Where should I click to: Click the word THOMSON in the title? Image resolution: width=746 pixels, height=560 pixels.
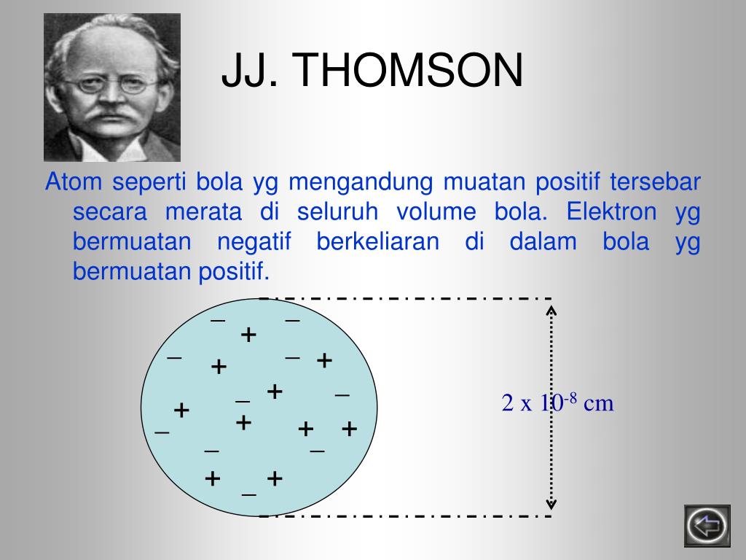point(407,71)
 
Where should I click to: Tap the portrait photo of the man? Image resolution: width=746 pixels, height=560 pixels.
point(112,87)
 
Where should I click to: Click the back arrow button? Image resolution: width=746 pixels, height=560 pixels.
point(707,526)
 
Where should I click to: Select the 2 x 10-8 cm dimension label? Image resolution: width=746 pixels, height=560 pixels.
point(557,402)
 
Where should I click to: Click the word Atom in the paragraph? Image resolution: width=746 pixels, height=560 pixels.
point(74,182)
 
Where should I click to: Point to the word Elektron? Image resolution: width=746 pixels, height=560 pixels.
point(611,211)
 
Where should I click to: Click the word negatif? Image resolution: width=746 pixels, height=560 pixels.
point(254,242)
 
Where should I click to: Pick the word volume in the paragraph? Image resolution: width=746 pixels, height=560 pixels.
point(436,211)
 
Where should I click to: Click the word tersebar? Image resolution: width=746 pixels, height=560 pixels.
point(655,182)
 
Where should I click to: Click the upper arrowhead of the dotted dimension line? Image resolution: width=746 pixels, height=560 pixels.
point(551,310)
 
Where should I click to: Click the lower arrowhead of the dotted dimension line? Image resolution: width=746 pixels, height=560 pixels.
point(551,504)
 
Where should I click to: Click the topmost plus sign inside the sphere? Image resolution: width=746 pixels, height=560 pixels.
point(248,335)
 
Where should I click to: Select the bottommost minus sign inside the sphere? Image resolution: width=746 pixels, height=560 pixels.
point(249,495)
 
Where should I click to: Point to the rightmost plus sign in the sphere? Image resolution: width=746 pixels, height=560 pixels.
point(349,429)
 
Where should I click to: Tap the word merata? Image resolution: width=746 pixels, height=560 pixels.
point(204,212)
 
